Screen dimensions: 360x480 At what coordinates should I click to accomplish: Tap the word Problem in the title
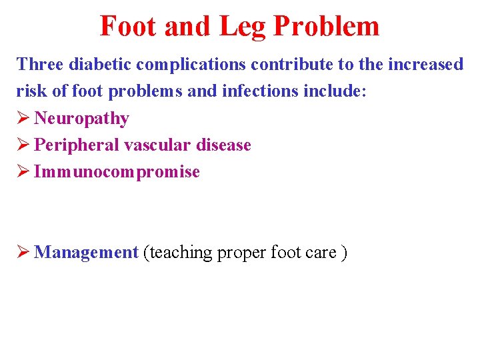pyautogui.click(x=326, y=27)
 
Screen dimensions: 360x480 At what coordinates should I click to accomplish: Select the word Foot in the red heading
pyautogui.click(x=128, y=27)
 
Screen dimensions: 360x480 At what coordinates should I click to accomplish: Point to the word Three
pyautogui.click(x=39, y=65)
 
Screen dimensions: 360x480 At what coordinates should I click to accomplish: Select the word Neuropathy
pyautogui.click(x=81, y=119)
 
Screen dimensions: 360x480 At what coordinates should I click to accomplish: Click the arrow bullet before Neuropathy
pyautogui.click(x=23, y=119)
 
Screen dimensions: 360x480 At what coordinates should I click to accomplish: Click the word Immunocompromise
pyautogui.click(x=117, y=172)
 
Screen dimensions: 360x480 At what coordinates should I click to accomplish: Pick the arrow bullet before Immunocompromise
pyautogui.click(x=23, y=172)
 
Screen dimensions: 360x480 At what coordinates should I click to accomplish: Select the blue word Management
pyautogui.click(x=85, y=253)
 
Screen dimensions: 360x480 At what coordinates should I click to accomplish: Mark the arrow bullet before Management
pyautogui.click(x=23, y=253)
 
